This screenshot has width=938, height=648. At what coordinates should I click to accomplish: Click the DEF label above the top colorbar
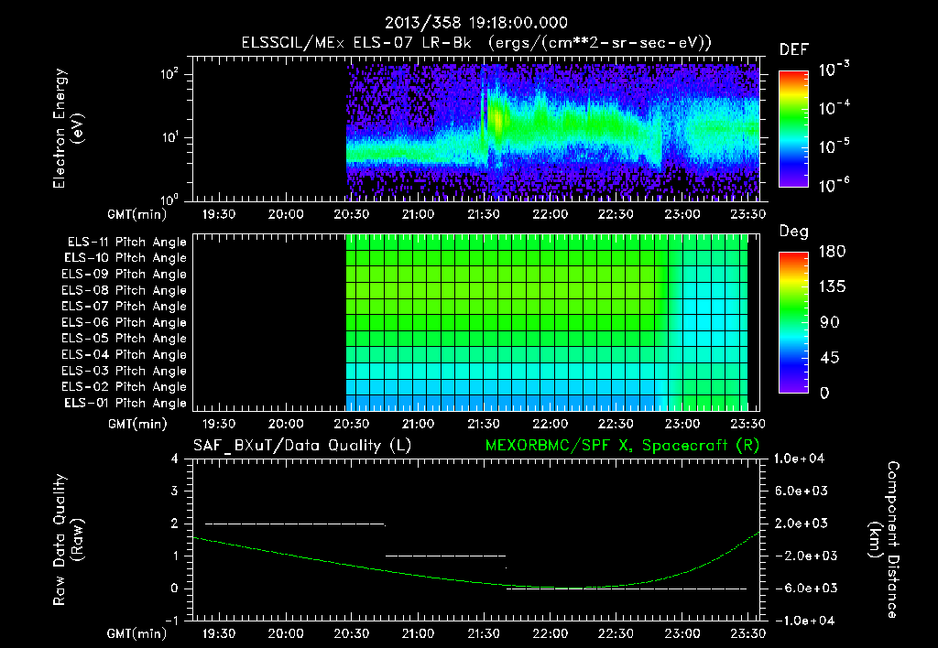(x=793, y=49)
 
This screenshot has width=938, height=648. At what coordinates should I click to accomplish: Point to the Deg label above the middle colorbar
(x=793, y=232)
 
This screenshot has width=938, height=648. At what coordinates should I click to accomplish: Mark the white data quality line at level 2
(x=294, y=524)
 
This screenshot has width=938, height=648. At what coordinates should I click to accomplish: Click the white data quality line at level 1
(x=445, y=556)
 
